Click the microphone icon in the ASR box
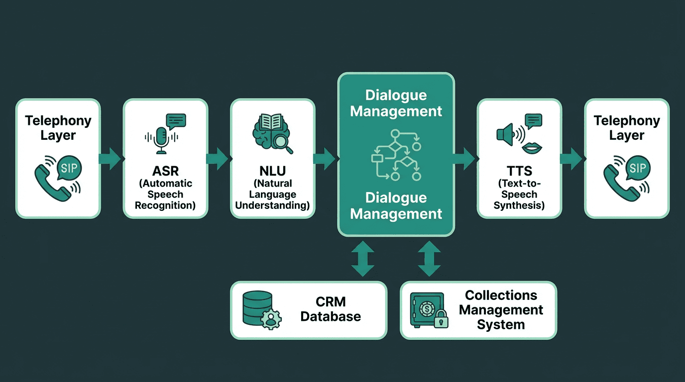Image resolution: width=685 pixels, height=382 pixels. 161,139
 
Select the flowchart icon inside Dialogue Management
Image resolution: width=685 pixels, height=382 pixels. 396,155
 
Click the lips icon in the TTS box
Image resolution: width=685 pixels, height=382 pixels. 532,148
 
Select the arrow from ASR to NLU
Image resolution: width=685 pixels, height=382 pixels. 217,159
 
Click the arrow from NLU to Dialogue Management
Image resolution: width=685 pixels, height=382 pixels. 325,159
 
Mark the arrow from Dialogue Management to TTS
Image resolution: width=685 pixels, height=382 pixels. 464,159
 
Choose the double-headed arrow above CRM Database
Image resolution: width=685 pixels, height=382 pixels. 362,259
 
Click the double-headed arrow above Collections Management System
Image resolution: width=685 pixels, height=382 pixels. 429,259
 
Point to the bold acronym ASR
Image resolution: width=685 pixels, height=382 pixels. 165,171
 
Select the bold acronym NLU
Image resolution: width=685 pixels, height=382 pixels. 272,171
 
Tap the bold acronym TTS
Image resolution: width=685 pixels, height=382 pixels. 519,171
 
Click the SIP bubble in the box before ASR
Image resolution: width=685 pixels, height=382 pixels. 69,168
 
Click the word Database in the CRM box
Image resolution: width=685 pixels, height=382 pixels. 331,316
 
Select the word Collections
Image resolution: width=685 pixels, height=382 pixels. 501,295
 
